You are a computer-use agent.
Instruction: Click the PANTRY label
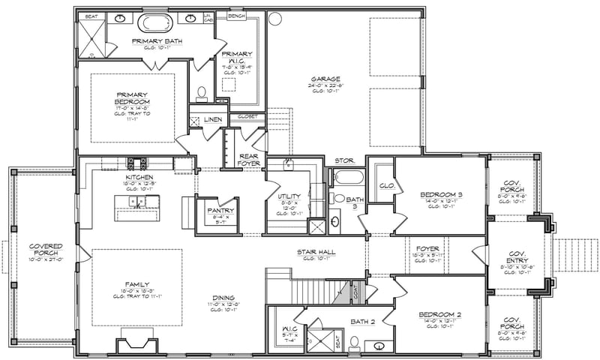221,211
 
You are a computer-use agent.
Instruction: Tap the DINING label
223,298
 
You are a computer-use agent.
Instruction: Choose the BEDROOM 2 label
440,317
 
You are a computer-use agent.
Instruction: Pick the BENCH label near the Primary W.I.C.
235,16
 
